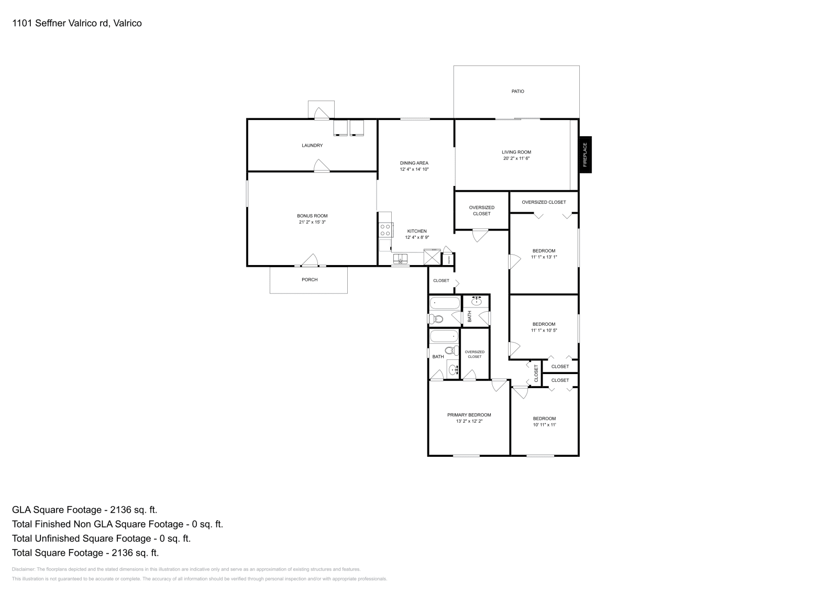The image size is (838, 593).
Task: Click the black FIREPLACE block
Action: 585,155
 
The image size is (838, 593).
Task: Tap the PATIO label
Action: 517,91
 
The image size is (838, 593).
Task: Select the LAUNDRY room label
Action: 312,145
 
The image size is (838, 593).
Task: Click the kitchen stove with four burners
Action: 385,230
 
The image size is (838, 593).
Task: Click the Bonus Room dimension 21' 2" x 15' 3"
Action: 313,222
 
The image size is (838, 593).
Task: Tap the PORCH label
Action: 310,280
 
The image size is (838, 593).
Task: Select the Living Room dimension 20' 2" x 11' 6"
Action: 516,158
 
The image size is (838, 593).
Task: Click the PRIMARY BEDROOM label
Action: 469,415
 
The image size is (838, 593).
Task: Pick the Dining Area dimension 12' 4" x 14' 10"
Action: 414,169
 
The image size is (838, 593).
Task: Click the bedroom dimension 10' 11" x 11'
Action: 544,425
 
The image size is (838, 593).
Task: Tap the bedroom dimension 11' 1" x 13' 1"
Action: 544,257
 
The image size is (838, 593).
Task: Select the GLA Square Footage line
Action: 85,510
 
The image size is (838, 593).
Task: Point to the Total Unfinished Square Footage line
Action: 101,539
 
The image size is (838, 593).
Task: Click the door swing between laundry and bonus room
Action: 321,166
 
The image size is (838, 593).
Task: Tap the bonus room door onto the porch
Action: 310,260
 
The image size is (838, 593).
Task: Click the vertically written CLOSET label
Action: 536,373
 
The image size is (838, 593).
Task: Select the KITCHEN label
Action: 417,231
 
